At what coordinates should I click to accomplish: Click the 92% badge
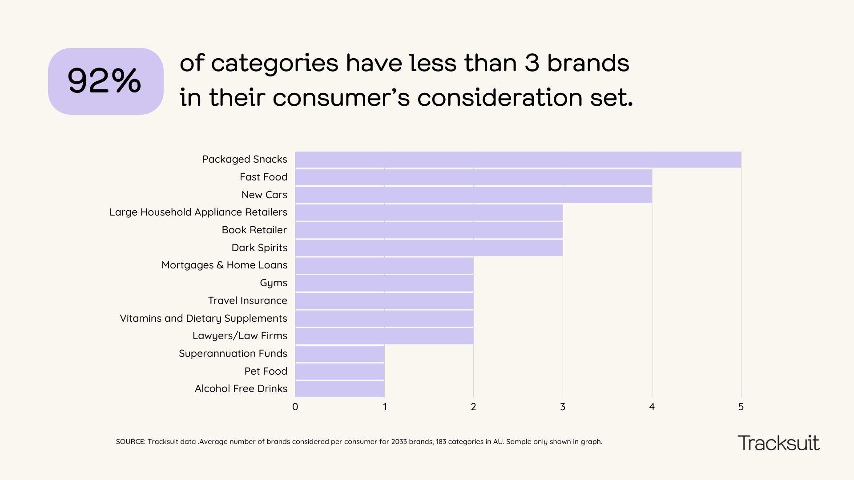tap(105, 81)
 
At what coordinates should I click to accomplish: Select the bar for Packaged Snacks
tap(518, 160)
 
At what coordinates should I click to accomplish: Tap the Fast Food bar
tap(473, 177)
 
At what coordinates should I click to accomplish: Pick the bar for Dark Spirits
tap(429, 248)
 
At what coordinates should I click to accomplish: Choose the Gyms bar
tap(384, 283)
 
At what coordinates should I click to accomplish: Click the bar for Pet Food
tap(339, 371)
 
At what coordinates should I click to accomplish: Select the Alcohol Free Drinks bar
tap(339, 389)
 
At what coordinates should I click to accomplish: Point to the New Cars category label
tap(264, 195)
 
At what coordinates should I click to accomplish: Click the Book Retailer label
tap(254, 230)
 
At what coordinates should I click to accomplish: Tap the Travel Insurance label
tap(247, 300)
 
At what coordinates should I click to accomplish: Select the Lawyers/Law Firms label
tap(240, 336)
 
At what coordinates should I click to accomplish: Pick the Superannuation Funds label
tap(233, 353)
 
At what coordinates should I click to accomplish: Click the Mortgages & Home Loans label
tap(224, 265)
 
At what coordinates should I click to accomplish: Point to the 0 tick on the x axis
tap(295, 407)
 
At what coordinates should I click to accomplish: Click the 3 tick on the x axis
tap(563, 407)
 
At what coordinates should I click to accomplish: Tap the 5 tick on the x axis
tap(741, 407)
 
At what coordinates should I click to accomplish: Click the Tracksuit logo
tap(778, 443)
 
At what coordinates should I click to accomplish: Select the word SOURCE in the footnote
tap(130, 442)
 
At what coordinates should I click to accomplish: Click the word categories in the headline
tap(274, 63)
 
